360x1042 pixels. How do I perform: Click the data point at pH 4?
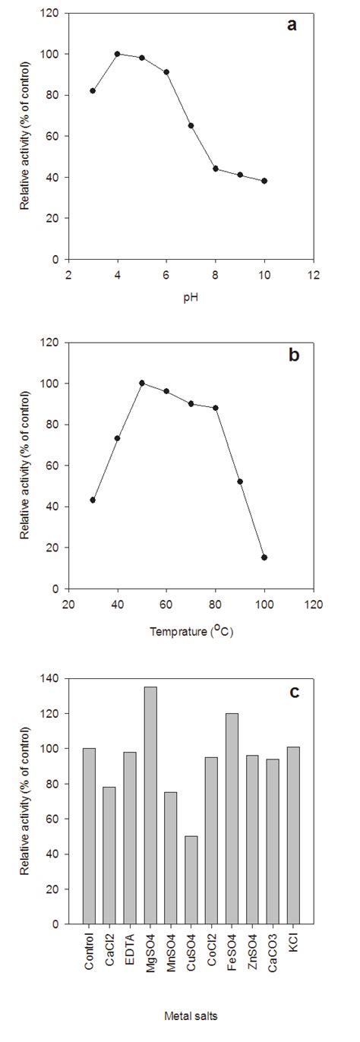(117, 54)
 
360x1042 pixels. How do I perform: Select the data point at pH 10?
(264, 181)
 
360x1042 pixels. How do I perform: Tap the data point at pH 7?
(191, 125)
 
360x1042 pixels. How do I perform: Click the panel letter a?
(292, 25)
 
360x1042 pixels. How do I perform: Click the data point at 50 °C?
(142, 383)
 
